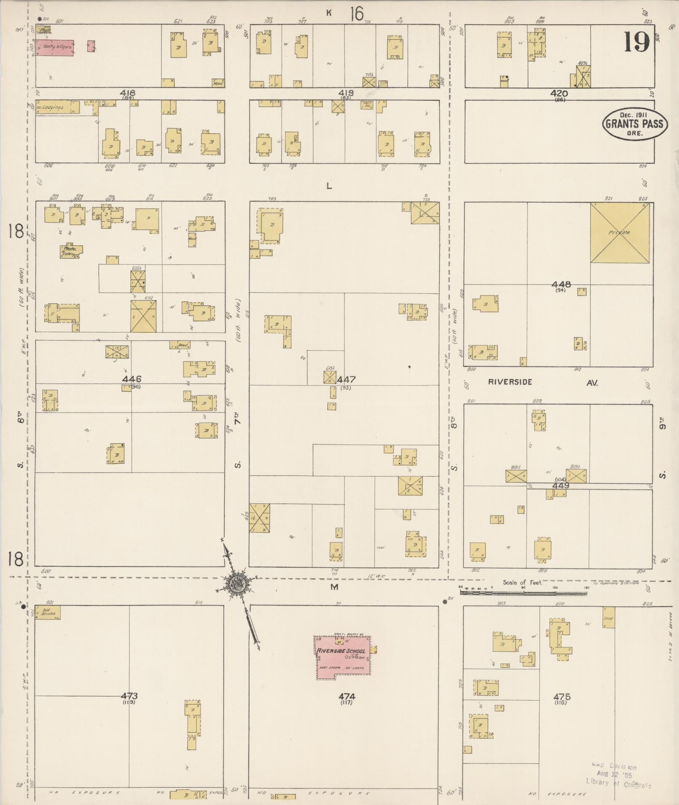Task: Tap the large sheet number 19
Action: click(636, 42)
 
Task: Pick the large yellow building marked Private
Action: click(619, 233)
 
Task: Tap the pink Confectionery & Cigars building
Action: click(54, 48)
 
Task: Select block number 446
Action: click(132, 379)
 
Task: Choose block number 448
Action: click(561, 285)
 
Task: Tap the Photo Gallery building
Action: click(70, 251)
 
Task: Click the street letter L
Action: click(329, 186)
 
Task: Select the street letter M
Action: click(334, 587)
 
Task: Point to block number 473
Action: click(129, 696)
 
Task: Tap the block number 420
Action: click(559, 93)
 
